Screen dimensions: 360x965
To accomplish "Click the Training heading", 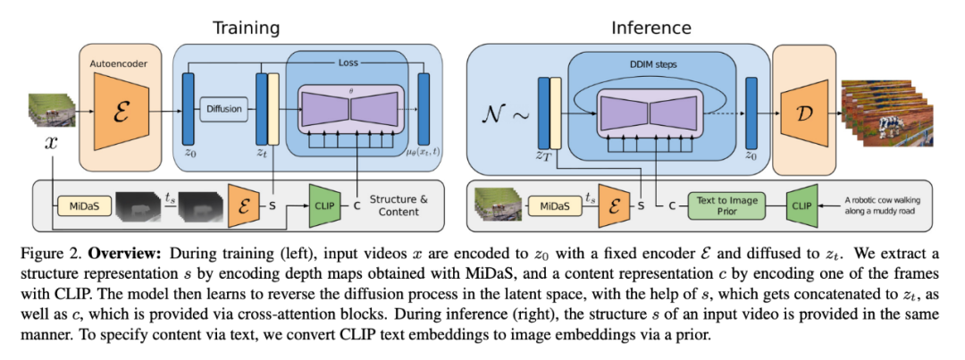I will tap(246, 28).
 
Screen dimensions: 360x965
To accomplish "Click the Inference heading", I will tap(650, 28).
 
